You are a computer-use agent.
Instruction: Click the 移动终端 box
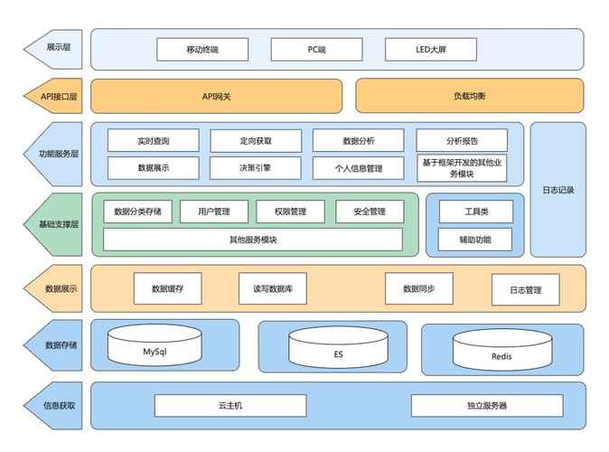(201, 49)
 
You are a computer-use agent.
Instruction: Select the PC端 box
(315, 49)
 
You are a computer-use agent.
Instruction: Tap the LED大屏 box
(430, 49)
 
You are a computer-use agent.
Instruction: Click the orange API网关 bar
(216, 96)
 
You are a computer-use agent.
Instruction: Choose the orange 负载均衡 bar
(470, 96)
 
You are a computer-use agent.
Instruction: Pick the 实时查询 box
(154, 140)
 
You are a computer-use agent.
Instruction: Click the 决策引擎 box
(256, 168)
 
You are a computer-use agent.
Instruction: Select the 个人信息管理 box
(359, 168)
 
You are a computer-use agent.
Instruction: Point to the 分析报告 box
(462, 140)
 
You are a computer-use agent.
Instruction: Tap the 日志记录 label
(557, 190)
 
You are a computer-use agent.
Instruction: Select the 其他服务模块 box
(253, 240)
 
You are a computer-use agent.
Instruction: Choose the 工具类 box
(475, 212)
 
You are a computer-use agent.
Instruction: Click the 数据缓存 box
(168, 288)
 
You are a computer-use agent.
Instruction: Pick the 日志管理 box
(525, 290)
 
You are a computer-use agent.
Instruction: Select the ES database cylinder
(339, 350)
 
